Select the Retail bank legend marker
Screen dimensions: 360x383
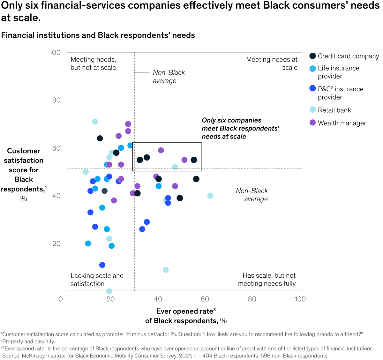coord(313,110)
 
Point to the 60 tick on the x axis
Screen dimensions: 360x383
coord(205,299)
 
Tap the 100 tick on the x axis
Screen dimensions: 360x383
coord(300,299)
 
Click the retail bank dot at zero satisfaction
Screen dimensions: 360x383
coord(109,291)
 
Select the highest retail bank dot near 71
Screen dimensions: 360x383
coord(95,122)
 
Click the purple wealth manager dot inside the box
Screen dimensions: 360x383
coord(161,150)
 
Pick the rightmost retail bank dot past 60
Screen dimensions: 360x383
coord(210,196)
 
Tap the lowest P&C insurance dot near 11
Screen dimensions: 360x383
coord(102,265)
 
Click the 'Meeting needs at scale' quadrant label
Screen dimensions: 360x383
coord(272,64)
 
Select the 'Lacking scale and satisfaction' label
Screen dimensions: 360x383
coord(97,280)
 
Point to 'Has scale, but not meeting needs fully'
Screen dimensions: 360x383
coord(267,280)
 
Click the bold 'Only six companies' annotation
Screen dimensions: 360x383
coord(240,128)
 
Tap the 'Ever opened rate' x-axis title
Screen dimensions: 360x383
coord(186,316)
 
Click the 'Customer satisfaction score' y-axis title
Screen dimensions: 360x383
coord(24,174)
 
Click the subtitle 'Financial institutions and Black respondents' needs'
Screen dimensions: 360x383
coord(98,35)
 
